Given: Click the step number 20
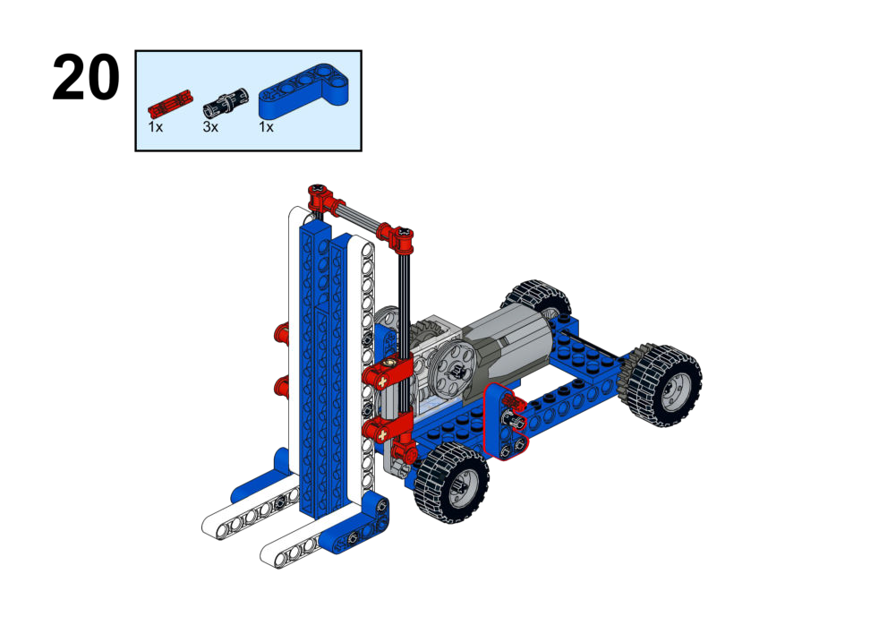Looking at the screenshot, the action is (86, 78).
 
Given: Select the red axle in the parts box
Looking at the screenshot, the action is (170, 104).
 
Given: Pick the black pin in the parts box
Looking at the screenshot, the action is (226, 102).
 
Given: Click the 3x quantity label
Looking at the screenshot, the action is (210, 127).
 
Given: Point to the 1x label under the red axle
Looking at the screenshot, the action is (156, 127).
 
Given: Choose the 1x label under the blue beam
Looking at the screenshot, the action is (266, 127).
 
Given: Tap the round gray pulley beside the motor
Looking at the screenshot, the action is (456, 371).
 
